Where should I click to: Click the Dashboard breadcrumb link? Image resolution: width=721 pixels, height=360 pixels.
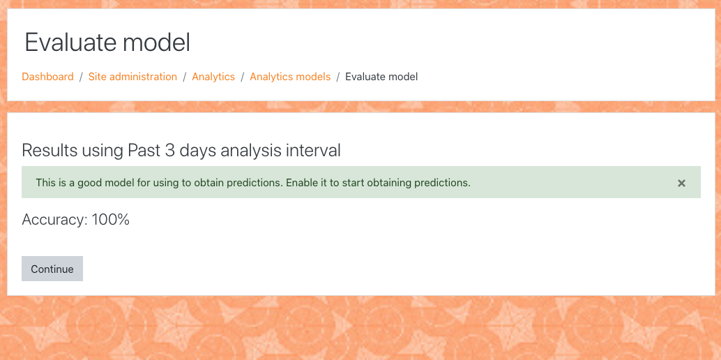coord(48,77)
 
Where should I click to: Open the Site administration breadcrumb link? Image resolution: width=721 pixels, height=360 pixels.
coord(132,77)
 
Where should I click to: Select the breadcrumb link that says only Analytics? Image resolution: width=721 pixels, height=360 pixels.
coord(213,77)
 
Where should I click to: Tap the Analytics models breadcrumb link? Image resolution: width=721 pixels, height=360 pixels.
coord(290,77)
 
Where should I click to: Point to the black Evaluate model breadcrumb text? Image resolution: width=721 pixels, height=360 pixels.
coord(381,77)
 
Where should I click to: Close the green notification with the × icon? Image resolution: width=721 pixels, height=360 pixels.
coord(681,183)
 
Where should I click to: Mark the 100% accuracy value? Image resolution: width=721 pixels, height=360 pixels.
coord(110,220)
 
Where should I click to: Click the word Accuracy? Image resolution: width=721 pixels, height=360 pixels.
coord(54,220)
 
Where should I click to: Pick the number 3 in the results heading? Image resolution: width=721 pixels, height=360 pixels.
coord(169,151)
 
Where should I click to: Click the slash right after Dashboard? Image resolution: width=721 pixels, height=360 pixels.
coord(81,77)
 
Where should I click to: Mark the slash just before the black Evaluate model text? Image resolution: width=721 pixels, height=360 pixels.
coord(338,77)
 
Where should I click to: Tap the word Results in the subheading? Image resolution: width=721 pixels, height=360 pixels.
coord(50,151)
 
